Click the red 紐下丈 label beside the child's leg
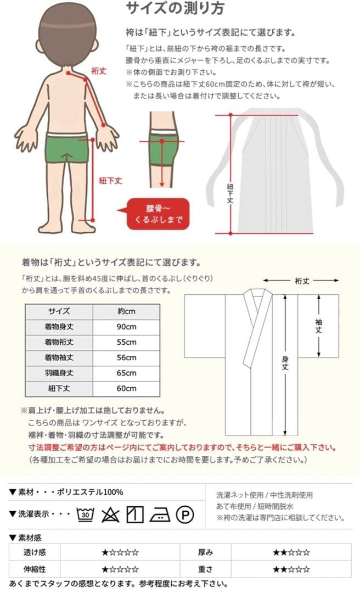(x=110, y=180)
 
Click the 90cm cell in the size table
(x=126, y=327)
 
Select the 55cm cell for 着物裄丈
(x=126, y=342)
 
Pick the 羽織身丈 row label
(x=59, y=373)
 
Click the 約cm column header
(x=126, y=311)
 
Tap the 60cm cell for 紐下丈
(x=126, y=388)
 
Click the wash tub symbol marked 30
(x=86, y=514)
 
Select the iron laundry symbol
(x=159, y=514)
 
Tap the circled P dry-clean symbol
(x=184, y=514)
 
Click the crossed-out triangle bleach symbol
(x=110, y=514)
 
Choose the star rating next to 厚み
(x=291, y=552)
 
